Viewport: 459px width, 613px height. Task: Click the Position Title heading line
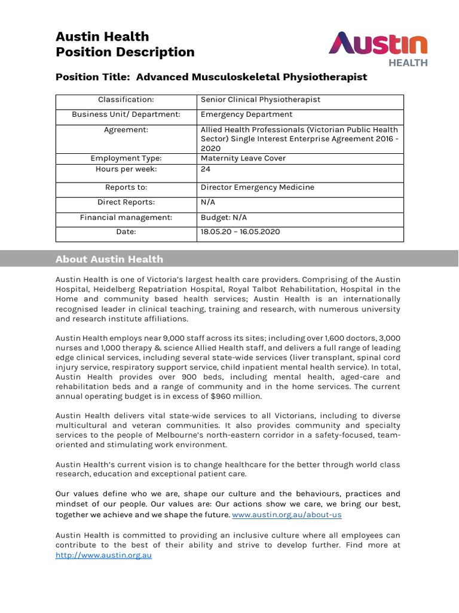click(211, 77)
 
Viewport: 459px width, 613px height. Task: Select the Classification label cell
click(126, 99)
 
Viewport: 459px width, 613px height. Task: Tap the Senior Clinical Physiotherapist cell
click(261, 99)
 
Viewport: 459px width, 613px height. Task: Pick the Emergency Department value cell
click(246, 114)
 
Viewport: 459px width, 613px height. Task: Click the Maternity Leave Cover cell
click(243, 158)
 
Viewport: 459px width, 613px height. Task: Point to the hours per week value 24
click(206, 169)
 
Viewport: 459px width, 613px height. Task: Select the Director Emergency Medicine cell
click(257, 187)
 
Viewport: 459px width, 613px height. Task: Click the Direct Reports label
click(126, 202)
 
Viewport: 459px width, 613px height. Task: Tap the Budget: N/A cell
click(224, 217)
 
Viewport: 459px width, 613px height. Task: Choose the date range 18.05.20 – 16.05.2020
click(240, 232)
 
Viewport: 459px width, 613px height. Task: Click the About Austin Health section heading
click(109, 259)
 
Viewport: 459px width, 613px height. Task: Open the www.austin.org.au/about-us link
click(287, 515)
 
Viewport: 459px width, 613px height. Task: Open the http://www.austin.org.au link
click(104, 556)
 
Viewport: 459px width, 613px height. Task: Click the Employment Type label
click(126, 158)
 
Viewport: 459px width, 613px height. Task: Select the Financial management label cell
click(126, 217)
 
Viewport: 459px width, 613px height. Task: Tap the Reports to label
click(126, 187)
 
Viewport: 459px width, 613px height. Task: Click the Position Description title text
click(125, 52)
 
